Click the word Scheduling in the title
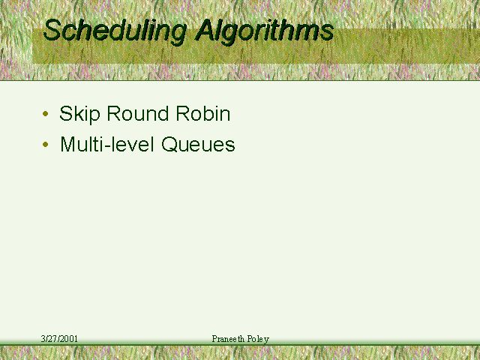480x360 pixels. pos(115,31)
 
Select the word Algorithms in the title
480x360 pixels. pos(265,31)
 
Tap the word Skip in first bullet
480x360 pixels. pos(79,114)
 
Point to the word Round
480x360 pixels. pos(138,113)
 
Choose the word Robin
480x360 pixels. pos(203,113)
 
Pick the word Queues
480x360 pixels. pos(198,144)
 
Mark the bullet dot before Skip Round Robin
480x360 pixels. pos(46,114)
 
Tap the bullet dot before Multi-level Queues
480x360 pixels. pos(46,144)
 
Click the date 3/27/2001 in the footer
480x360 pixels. pos(59,338)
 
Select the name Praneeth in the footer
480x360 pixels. pos(228,338)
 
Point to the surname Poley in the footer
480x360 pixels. pos(258,339)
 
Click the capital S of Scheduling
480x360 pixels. pos(52,30)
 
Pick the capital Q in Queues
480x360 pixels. pos(169,144)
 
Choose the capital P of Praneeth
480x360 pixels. pos(214,338)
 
